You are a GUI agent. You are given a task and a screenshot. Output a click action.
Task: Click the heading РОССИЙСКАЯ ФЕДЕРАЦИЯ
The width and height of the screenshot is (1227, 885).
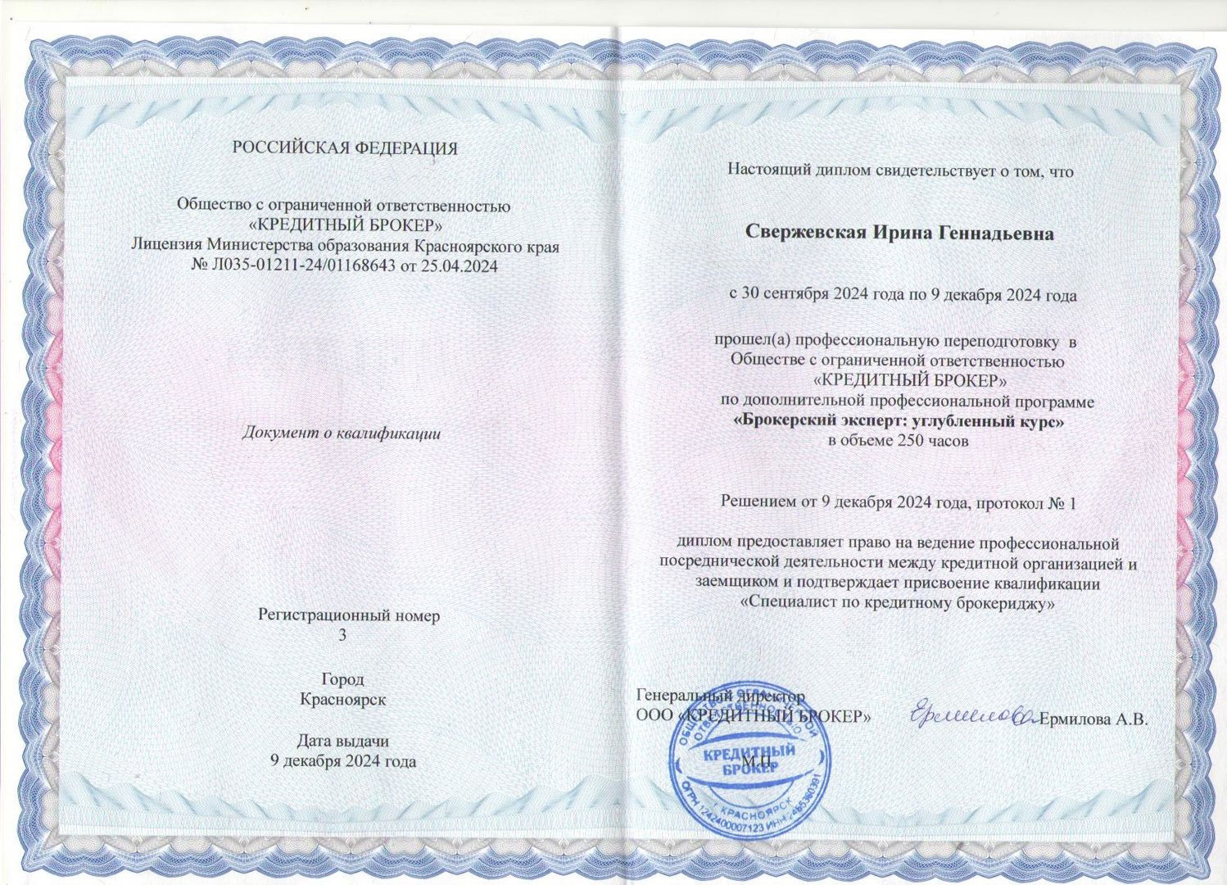point(345,148)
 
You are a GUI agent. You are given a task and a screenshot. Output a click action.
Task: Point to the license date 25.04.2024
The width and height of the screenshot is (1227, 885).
point(460,265)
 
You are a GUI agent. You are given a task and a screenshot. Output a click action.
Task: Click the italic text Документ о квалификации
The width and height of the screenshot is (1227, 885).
point(341,433)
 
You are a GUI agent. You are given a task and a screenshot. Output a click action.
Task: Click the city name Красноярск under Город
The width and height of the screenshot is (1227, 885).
point(342,700)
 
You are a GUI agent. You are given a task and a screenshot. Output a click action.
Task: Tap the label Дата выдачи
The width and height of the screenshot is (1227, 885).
point(342,741)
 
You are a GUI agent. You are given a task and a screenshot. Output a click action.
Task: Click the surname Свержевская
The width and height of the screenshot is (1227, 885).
point(806,233)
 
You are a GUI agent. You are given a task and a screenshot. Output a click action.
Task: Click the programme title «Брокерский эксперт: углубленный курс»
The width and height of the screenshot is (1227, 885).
point(901,422)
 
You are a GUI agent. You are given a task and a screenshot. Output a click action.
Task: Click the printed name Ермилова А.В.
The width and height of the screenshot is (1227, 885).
point(1094,720)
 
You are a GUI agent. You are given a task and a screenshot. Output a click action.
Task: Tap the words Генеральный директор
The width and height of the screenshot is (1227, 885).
point(721,696)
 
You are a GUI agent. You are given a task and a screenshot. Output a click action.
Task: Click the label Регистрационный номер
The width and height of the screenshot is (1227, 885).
point(349,615)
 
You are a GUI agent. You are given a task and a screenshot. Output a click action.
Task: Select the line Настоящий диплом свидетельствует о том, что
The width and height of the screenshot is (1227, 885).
point(900,171)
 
